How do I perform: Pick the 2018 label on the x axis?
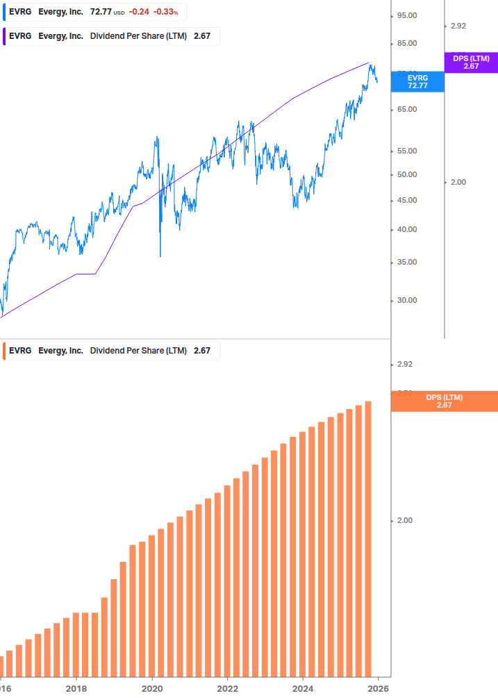[76, 688]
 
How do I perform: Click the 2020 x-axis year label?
[151, 688]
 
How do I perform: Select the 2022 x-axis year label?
[227, 688]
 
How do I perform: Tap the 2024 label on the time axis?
[303, 688]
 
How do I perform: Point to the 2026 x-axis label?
[378, 688]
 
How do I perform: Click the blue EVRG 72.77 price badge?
[417, 82]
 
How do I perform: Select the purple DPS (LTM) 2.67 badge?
[471, 63]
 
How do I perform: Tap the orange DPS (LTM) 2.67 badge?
[444, 401]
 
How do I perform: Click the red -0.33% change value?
[165, 12]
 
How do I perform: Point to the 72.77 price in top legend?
[101, 12]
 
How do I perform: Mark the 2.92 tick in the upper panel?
[458, 26]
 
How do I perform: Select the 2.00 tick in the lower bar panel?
[404, 520]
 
